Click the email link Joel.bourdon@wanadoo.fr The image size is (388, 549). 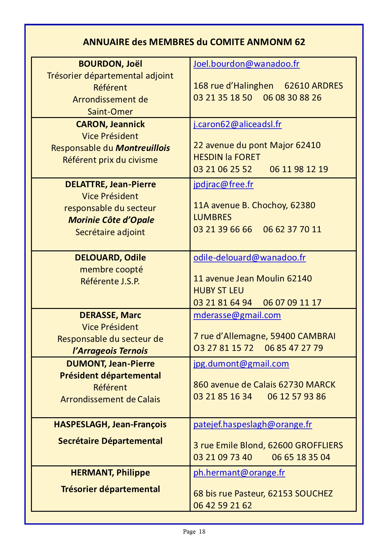pyautogui.click(x=246, y=64)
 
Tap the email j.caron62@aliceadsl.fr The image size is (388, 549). pyautogui.click(x=237, y=124)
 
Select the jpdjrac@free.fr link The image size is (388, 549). pyautogui.click(x=223, y=184)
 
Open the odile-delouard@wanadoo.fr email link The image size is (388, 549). pyautogui.click(x=249, y=258)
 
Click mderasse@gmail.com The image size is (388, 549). pyautogui.click(x=237, y=315)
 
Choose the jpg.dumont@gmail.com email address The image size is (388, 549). pyautogui.click(x=241, y=364)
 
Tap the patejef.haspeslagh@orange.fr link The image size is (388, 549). pyautogui.click(x=253, y=424)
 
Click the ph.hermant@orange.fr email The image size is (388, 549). pyautogui.click(x=239, y=473)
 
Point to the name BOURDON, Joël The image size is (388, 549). pyautogui.click(x=110, y=64)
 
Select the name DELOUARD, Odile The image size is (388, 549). pyautogui.click(x=110, y=258)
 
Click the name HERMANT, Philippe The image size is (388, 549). pyautogui.click(x=110, y=473)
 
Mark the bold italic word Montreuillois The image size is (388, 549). pyautogui.click(x=143, y=148)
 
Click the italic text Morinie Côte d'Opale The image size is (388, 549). pyautogui.click(x=111, y=220)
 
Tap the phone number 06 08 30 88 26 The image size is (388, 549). pyautogui.click(x=292, y=98)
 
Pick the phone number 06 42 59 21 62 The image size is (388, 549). pyautogui.click(x=222, y=505)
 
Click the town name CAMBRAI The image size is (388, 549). pyautogui.click(x=316, y=336)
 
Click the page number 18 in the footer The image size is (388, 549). pyautogui.click(x=202, y=531)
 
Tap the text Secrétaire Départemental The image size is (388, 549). pyautogui.click(x=110, y=441)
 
